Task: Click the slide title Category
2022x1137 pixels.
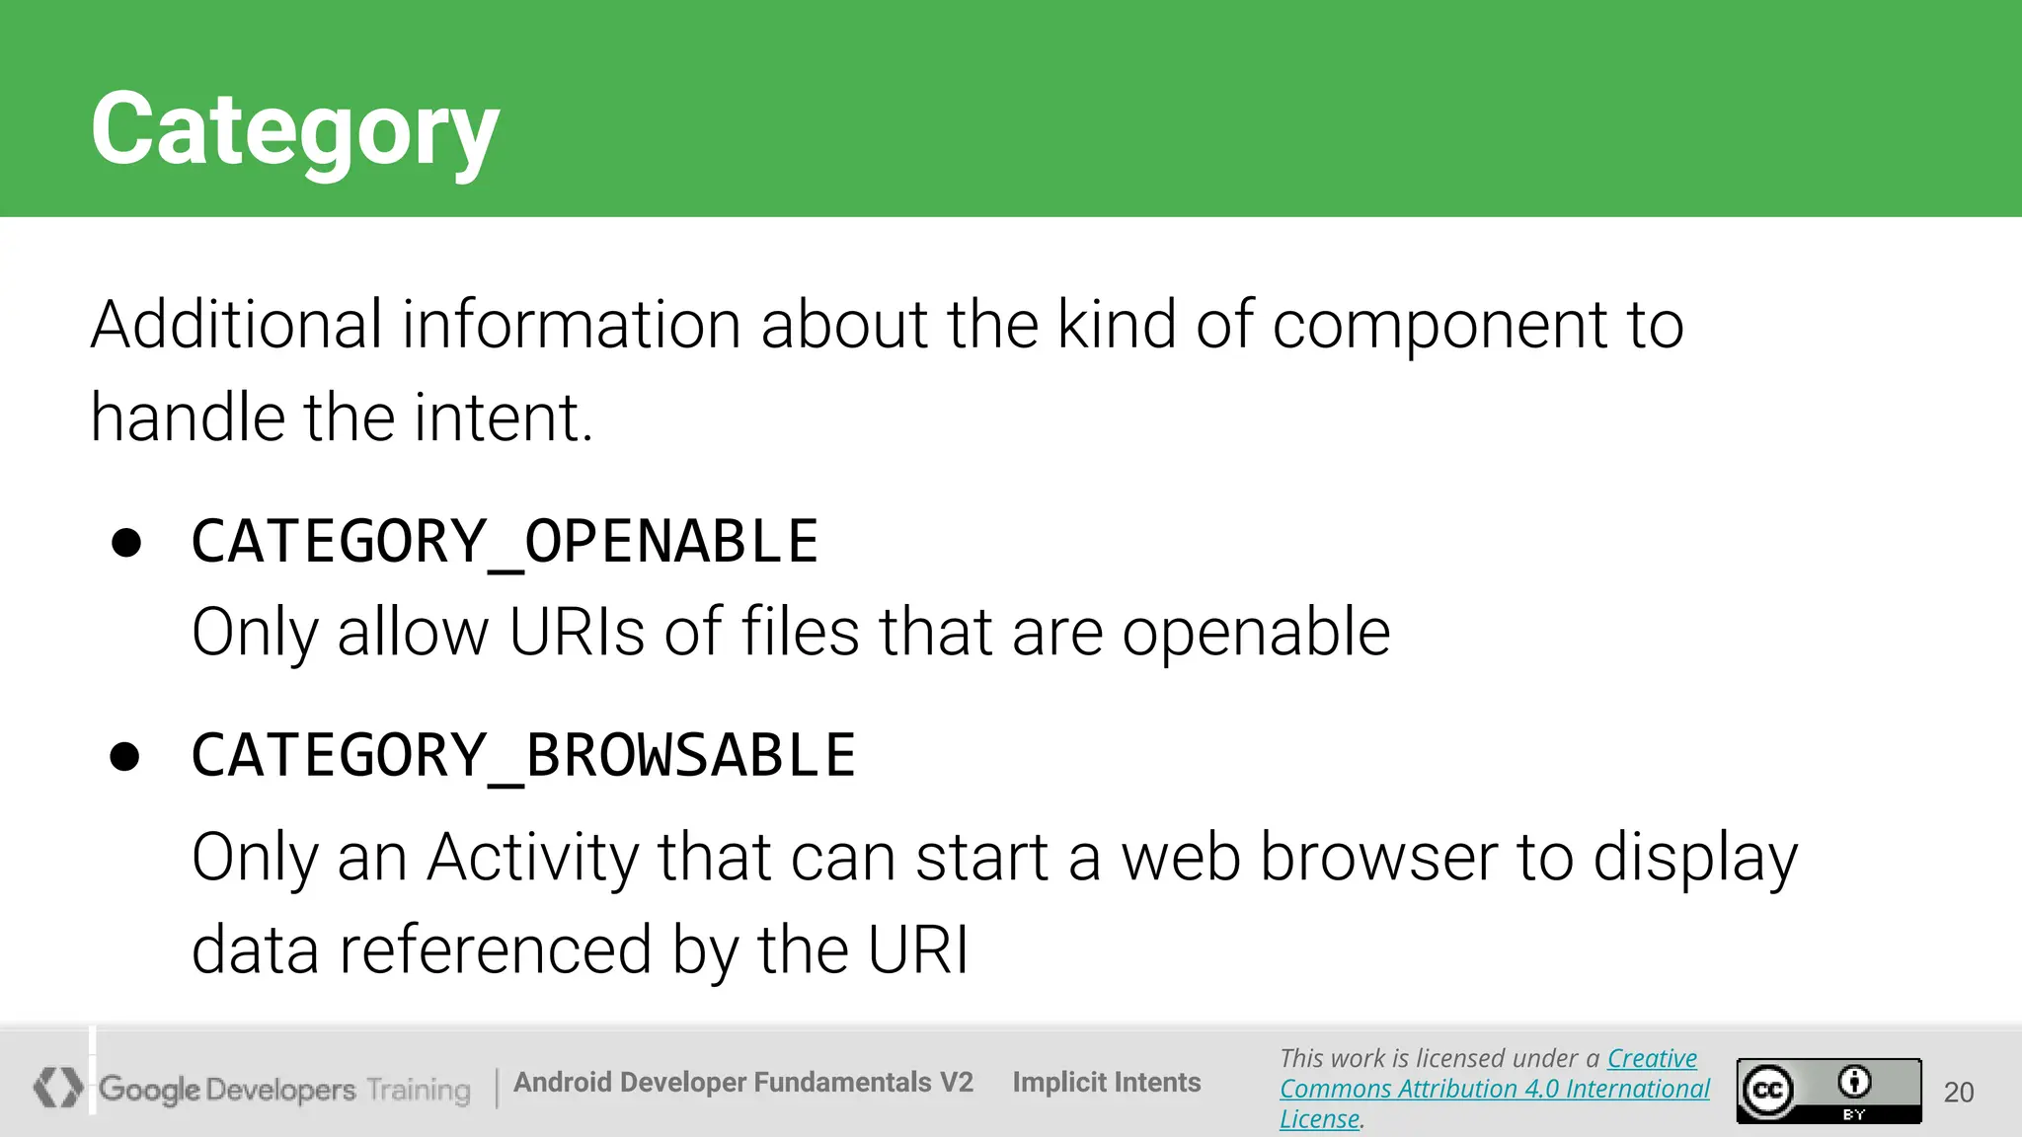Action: pyautogui.click(x=294, y=130)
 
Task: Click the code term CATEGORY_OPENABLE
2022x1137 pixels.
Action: pyautogui.click(x=505, y=542)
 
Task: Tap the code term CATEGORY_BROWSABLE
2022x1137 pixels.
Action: pyautogui.click(x=523, y=756)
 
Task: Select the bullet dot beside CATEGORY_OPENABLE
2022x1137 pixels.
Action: pyautogui.click(x=126, y=543)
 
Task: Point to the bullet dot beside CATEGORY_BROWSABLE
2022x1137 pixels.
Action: pyautogui.click(x=125, y=757)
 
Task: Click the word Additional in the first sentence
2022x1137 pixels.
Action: pyautogui.click(x=236, y=325)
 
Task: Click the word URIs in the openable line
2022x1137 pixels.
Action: pyautogui.click(x=577, y=633)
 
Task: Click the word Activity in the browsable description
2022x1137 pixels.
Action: pyautogui.click(x=532, y=857)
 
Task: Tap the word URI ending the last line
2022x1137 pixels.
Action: pyautogui.click(x=918, y=949)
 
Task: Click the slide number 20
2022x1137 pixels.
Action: pyautogui.click(x=1958, y=1092)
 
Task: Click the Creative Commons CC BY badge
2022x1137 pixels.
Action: pyautogui.click(x=1828, y=1091)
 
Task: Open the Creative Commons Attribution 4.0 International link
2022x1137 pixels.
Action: pyautogui.click(x=1494, y=1089)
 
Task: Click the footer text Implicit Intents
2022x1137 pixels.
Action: pyautogui.click(x=1106, y=1083)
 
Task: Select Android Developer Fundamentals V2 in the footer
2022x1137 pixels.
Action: pyautogui.click(x=742, y=1083)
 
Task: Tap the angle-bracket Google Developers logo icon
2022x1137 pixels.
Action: pyautogui.click(x=57, y=1087)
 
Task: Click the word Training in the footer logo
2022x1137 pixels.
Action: pyautogui.click(x=419, y=1090)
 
